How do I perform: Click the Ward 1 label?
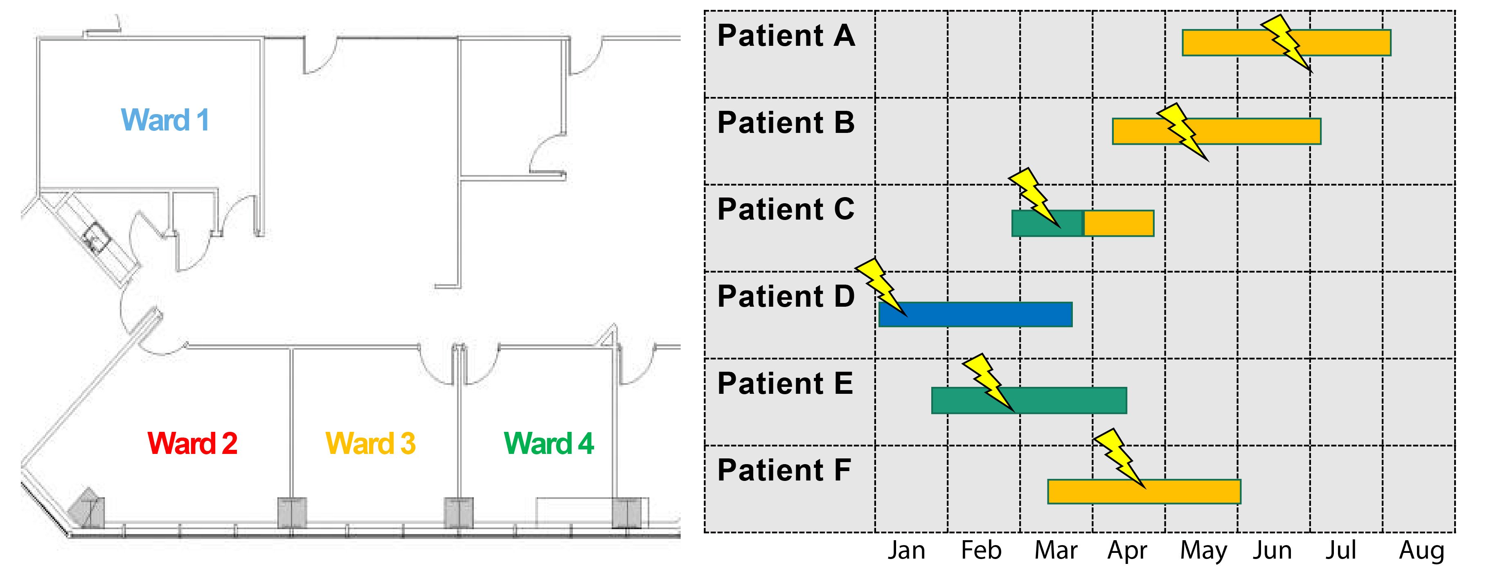point(165,121)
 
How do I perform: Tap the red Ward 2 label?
point(192,444)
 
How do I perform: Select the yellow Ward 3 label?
point(370,444)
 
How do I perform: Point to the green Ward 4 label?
point(549,444)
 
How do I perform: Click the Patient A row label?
point(786,36)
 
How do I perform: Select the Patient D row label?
point(786,297)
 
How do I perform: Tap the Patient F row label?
point(784,470)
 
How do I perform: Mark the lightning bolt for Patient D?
point(881,287)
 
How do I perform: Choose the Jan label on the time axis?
point(906,551)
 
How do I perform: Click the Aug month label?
point(1421,551)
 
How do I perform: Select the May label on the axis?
point(1203,551)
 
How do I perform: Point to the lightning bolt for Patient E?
point(988,382)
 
